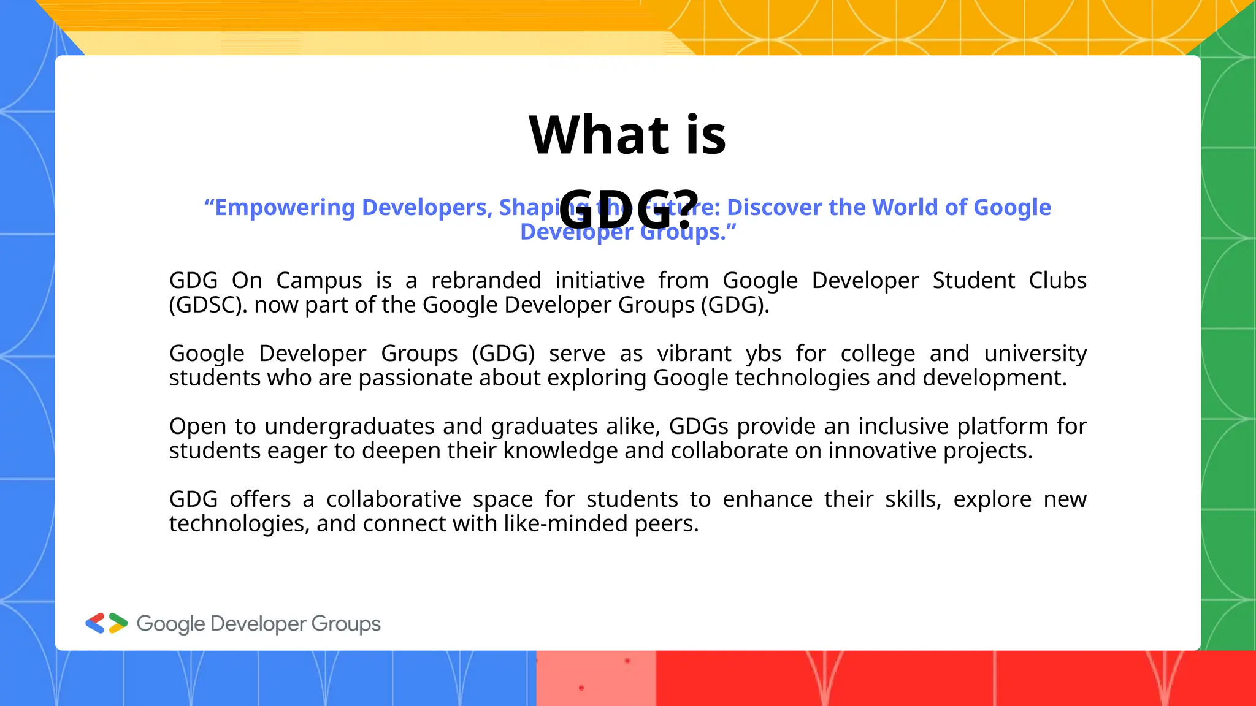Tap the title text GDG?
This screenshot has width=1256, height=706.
click(629, 209)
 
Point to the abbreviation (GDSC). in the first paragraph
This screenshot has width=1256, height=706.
click(209, 305)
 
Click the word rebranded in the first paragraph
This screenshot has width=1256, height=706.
click(486, 280)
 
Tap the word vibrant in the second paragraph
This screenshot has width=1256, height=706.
click(694, 354)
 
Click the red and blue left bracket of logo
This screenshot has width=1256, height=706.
click(95, 623)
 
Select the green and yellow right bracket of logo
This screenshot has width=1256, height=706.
click(118, 623)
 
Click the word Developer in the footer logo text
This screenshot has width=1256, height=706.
click(258, 624)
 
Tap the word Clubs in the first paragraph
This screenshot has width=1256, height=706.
click(1057, 280)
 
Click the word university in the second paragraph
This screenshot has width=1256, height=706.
click(1035, 354)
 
